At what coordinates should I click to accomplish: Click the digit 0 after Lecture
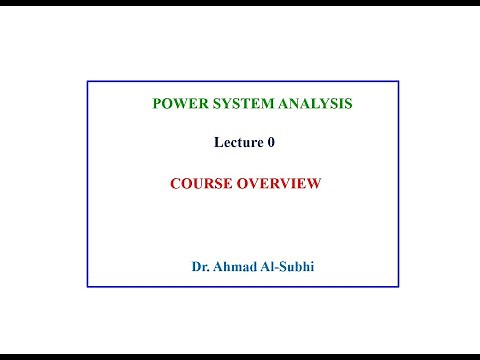click(270, 142)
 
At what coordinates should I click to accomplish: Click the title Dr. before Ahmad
click(200, 267)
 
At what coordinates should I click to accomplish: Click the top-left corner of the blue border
click(87, 82)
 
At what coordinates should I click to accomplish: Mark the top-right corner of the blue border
click(398, 82)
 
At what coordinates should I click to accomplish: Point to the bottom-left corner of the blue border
click(87, 287)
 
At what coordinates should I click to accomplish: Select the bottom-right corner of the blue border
click(398, 287)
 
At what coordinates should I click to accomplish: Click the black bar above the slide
click(240, 3)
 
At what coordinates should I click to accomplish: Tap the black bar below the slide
click(240, 355)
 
